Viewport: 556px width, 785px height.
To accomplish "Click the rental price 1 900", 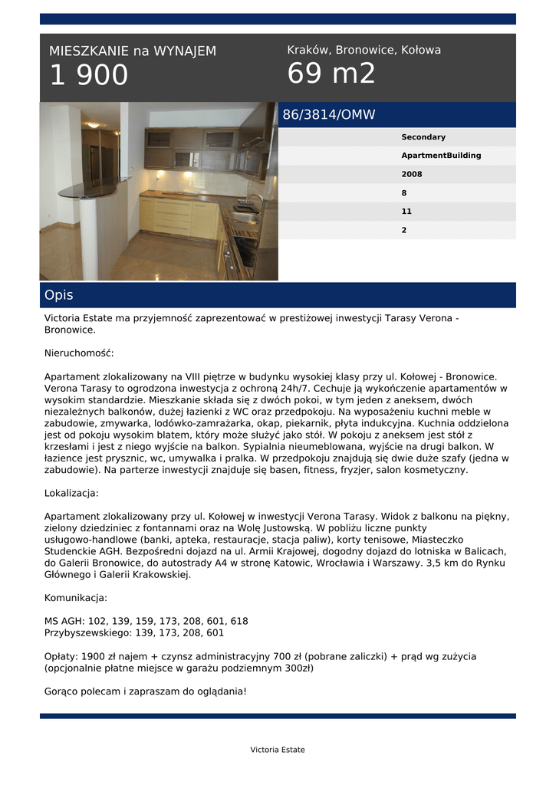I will [x=89, y=75].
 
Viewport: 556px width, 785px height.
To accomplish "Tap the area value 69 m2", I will [x=331, y=74].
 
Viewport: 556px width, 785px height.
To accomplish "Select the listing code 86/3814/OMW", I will [x=329, y=115].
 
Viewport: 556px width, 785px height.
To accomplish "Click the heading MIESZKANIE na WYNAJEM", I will [x=133, y=51].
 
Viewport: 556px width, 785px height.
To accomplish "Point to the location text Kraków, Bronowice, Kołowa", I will [x=364, y=50].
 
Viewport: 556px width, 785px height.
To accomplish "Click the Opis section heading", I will [x=59, y=295].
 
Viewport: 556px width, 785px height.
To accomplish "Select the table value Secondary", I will [x=423, y=137].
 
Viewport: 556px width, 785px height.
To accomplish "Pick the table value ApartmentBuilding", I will [x=441, y=156].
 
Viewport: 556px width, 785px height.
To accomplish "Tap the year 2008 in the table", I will [x=411, y=174].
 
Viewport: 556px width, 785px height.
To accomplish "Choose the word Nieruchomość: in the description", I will [x=79, y=353].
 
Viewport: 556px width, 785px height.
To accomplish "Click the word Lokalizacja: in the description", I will [x=71, y=493].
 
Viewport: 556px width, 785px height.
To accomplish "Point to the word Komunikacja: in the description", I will [x=76, y=598].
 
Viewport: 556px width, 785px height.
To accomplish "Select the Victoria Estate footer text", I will [x=278, y=750].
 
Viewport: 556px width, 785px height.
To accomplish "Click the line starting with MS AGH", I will [x=146, y=621].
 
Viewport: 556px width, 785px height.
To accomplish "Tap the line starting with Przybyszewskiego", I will [x=134, y=633].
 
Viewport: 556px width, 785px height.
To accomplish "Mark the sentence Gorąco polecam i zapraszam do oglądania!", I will [x=146, y=691].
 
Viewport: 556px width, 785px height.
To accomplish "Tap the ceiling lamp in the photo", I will [x=93, y=124].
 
